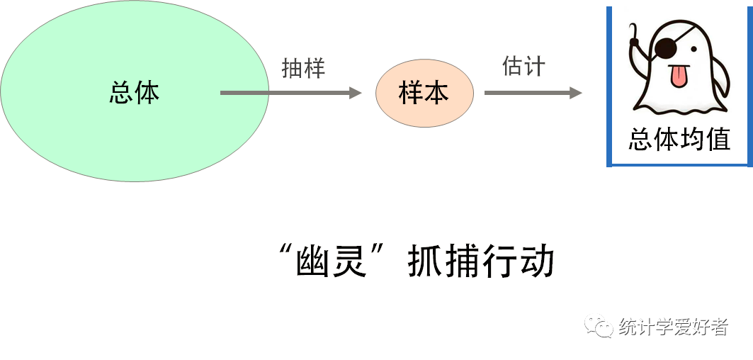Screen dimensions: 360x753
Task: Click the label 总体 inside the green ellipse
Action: [x=135, y=93]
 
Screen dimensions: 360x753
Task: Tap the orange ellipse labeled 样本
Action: [x=424, y=93]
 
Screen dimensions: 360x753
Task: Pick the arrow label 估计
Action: [x=523, y=67]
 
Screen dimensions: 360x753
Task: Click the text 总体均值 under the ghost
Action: [x=679, y=140]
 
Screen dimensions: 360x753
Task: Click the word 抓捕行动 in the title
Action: [x=480, y=262]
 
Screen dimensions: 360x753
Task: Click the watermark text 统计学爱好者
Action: [x=672, y=327]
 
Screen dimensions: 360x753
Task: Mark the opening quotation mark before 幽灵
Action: [x=288, y=252]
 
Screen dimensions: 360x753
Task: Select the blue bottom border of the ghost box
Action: [x=679, y=164]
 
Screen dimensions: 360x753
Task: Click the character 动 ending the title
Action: [x=536, y=262]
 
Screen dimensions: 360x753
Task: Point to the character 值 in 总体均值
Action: [x=718, y=140]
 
